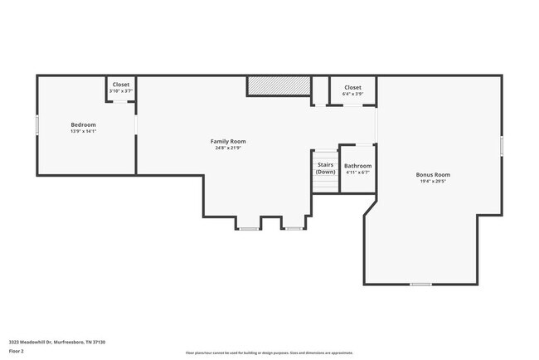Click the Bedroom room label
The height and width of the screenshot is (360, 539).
[x=83, y=124]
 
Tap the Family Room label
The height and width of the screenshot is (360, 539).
[x=227, y=141]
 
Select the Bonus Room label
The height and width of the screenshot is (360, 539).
[x=433, y=174]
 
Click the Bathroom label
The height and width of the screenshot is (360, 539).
[x=358, y=166]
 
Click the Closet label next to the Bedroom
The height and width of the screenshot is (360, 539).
[x=121, y=84]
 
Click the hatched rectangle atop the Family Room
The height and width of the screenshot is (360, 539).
[x=277, y=86]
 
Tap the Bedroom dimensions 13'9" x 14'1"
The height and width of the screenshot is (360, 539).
[x=83, y=131]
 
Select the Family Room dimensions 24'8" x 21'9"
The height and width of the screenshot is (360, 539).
[x=227, y=148]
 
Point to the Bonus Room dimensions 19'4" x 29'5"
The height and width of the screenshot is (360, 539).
[x=433, y=181]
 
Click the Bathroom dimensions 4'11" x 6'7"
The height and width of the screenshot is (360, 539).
[x=358, y=173]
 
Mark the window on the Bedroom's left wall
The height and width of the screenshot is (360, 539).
[x=36, y=124]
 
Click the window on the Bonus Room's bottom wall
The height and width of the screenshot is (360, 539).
[x=420, y=285]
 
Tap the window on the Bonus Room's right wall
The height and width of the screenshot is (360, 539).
[x=502, y=146]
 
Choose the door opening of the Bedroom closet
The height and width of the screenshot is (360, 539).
[x=121, y=102]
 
